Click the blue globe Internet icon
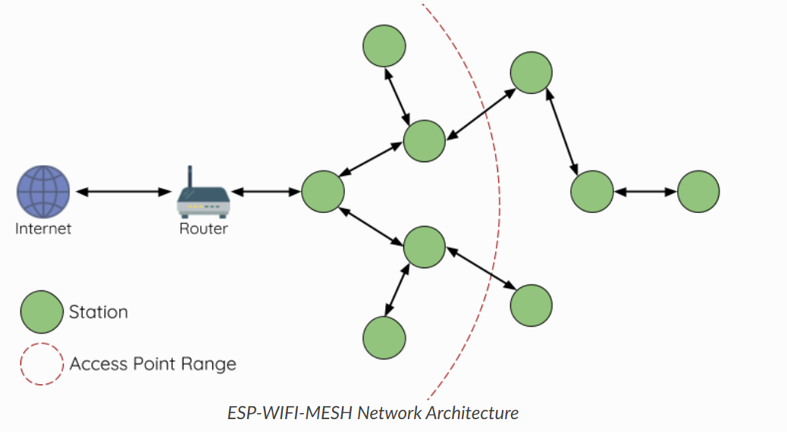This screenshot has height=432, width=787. click(44, 192)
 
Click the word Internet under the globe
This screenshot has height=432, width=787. click(43, 228)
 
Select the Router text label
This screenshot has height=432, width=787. click(203, 228)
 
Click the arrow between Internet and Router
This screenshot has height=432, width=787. click(124, 192)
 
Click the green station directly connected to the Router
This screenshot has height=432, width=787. click(323, 192)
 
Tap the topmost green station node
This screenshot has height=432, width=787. click(384, 47)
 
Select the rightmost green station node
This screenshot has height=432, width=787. click(698, 192)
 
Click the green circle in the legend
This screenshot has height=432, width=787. click(42, 311)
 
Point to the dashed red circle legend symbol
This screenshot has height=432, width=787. click(42, 364)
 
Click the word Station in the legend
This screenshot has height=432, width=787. click(99, 311)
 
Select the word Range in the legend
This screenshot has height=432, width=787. click(209, 365)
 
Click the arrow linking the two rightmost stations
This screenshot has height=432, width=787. click(644, 192)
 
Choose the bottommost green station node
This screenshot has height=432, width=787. click(384, 337)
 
